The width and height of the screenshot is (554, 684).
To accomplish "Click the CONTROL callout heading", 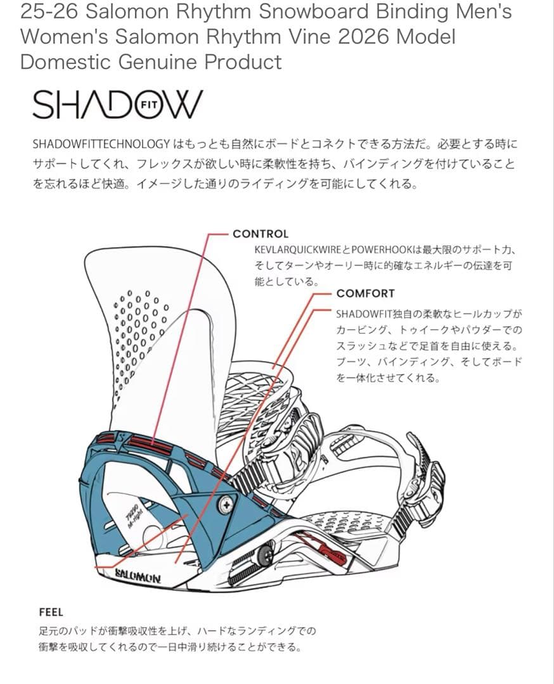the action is click(x=261, y=234).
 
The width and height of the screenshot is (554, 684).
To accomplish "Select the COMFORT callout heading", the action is click(x=365, y=294).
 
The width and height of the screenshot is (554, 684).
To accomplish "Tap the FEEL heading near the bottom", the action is click(x=51, y=612).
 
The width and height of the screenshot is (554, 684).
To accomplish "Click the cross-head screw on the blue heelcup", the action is click(x=227, y=505).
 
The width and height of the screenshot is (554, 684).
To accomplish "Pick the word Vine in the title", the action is click(x=312, y=37).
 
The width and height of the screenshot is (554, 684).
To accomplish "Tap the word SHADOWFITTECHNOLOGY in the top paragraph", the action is click(x=101, y=144).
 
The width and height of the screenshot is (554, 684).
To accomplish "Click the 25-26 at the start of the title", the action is click(x=49, y=12).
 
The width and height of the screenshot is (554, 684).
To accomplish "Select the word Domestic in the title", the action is click(x=65, y=61).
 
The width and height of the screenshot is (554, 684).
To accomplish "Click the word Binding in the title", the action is click(x=411, y=12).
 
